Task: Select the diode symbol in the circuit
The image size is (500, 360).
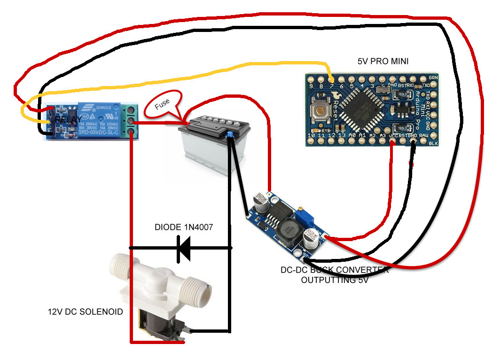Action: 183,248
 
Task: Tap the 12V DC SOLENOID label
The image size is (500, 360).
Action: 86,312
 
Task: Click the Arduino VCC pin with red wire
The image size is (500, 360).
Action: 393,136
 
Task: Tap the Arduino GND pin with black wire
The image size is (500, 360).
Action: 414,136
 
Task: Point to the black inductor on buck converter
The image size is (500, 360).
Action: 287,230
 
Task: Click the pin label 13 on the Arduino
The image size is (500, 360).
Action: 342,136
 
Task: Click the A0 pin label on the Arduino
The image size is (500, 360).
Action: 352,136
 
